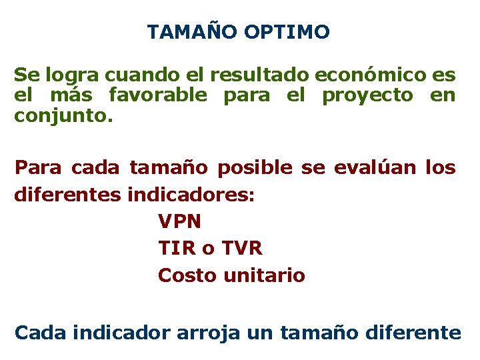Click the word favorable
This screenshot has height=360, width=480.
[158, 95]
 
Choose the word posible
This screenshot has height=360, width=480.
[255, 168]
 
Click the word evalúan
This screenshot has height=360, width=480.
[371, 168]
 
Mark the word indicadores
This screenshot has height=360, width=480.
[191, 195]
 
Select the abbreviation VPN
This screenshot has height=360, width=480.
[179, 221]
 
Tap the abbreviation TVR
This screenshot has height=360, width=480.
[241, 249]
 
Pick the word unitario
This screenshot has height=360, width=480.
[264, 275]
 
